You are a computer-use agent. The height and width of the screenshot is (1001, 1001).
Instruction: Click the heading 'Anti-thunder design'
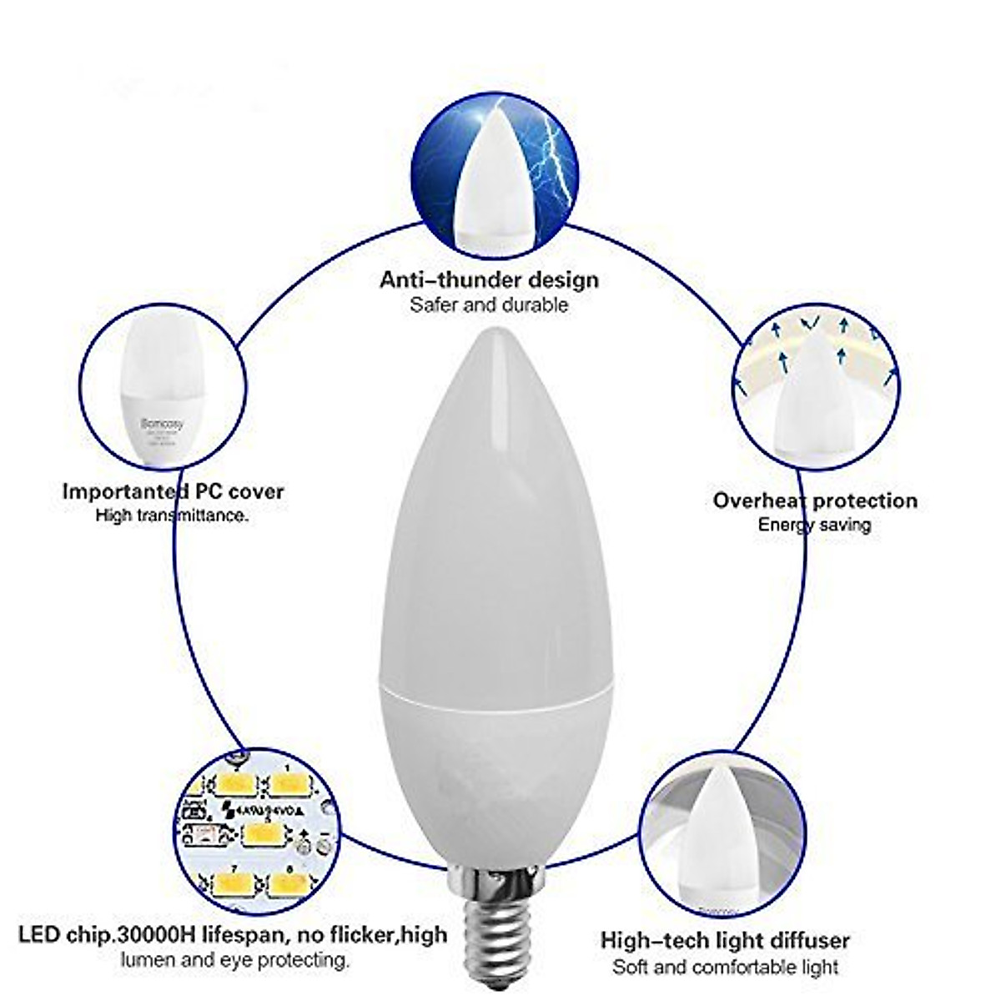489,279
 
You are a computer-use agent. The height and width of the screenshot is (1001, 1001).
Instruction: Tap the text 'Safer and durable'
489,304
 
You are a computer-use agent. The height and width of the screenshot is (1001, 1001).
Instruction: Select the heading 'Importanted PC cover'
173,491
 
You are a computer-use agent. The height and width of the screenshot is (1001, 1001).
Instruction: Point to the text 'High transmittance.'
172,516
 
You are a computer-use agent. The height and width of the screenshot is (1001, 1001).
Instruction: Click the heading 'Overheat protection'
815,500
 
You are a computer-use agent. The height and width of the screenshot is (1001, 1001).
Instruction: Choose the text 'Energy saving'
814,526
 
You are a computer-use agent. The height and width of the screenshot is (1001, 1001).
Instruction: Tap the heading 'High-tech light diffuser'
725,941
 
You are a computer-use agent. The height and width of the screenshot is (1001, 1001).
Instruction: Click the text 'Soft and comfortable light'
725,968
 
